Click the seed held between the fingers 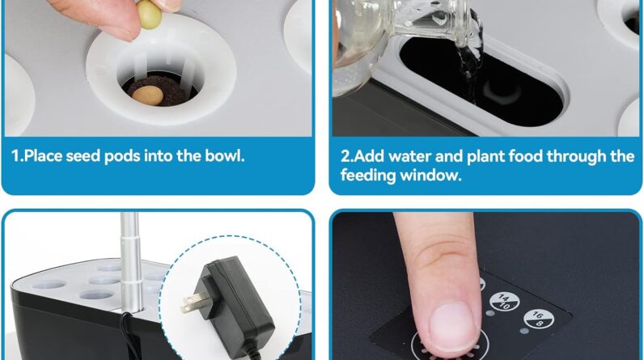coord(149,15)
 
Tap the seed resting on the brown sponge coord(148,95)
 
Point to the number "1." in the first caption coord(18,156)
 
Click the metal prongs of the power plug coord(194,302)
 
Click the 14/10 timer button coord(504,302)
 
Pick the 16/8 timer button coord(539,319)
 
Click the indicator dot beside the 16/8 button coord(523,330)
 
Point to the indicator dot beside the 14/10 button coord(489,313)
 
